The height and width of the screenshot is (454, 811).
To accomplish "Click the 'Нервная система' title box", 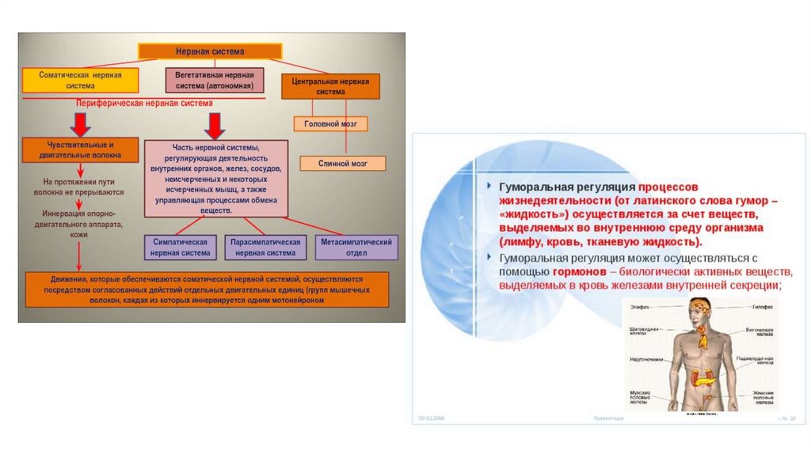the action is [210, 51].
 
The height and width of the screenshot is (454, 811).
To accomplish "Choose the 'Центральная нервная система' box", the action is [330, 86].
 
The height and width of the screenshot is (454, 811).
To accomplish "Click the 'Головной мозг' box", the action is [331, 124].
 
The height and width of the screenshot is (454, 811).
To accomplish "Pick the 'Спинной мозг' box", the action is [342, 163].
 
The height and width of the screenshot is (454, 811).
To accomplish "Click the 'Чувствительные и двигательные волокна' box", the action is [78, 150].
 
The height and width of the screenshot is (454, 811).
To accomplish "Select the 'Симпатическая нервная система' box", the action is [181, 247].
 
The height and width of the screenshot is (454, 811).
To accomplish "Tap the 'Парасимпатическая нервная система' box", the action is [265, 247].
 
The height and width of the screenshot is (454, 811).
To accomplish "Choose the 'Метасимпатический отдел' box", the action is [356, 247].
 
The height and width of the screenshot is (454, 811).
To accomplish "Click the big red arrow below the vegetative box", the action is [214, 125].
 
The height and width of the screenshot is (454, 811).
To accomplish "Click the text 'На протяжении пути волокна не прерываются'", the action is [78, 187].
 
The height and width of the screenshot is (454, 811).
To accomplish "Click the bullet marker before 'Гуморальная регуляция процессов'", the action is [489, 187].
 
